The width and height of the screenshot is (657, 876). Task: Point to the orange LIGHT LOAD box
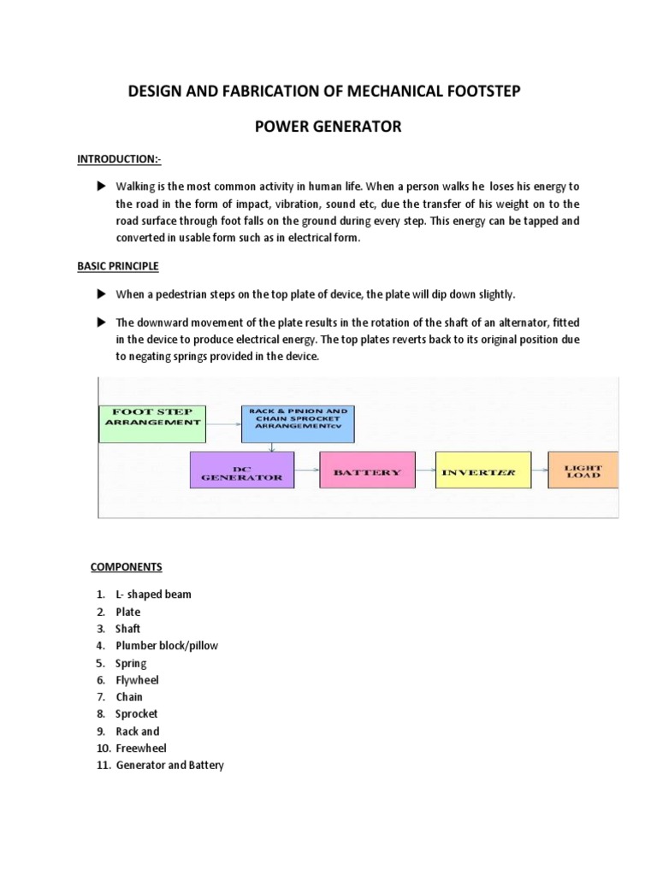coord(582,471)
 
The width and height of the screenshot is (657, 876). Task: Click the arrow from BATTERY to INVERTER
coord(418,471)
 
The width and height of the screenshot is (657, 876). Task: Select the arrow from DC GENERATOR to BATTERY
coord(306,471)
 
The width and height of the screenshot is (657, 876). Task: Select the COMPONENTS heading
coord(126,567)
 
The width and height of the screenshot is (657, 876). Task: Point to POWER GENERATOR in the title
coord(328,127)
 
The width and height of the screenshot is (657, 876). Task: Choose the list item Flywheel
coord(137,680)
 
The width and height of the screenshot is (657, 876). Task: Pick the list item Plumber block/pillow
coord(167,646)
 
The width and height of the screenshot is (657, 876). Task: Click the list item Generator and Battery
coord(169,766)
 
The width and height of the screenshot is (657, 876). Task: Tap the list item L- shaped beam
coord(154,595)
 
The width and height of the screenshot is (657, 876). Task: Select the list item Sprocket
coord(137,714)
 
